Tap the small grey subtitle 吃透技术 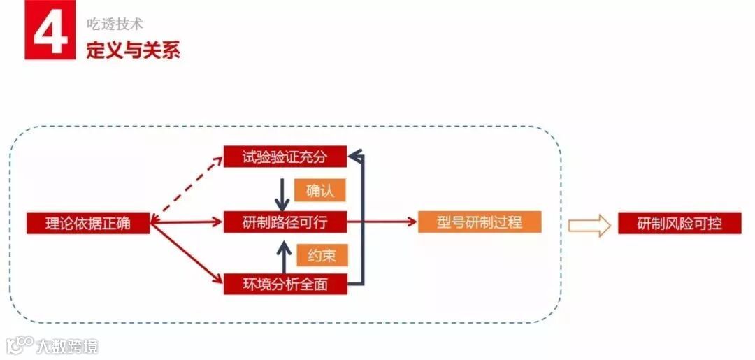114,24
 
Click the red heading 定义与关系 133,50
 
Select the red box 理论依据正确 88,223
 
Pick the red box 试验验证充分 285,157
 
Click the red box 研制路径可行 285,222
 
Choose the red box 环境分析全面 285,284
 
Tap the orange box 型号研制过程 480,222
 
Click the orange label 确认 321,190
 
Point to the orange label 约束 321,255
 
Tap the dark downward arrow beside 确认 282,194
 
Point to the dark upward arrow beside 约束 283,257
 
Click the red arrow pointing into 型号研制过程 381,222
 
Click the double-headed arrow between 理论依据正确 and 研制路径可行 187,222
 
